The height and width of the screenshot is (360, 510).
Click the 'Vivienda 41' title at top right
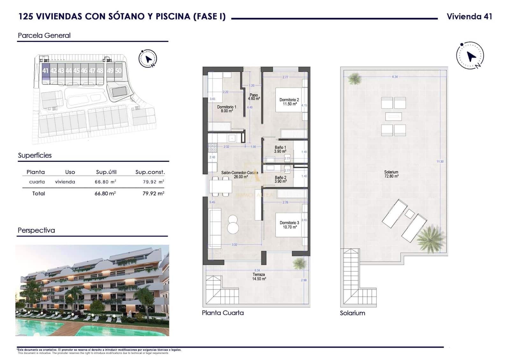click(469, 17)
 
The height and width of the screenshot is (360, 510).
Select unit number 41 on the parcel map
click(45, 71)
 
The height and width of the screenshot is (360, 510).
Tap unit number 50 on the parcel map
click(118, 71)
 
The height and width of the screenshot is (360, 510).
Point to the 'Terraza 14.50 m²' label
click(259, 277)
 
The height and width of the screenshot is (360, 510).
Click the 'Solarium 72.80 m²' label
click(391, 174)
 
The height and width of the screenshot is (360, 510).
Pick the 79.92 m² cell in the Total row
click(153, 193)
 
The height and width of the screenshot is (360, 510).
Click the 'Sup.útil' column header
click(106, 172)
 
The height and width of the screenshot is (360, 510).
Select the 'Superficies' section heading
click(35, 155)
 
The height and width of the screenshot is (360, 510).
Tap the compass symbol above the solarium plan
click(470, 55)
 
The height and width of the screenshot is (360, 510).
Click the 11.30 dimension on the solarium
click(440, 162)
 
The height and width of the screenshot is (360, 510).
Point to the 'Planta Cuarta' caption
click(223, 313)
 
